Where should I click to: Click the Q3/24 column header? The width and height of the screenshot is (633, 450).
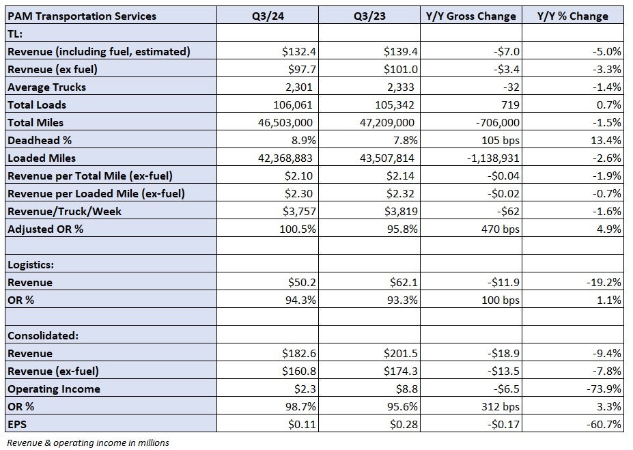tap(268, 16)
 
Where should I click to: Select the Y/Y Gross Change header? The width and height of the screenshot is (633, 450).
tap(470, 16)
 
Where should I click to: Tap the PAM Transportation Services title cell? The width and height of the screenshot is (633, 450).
tap(82, 16)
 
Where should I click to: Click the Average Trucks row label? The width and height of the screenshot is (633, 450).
tap(47, 87)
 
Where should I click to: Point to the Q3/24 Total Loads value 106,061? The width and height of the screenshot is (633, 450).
tap(293, 105)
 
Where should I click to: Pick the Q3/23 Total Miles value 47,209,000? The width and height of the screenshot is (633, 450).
tap(386, 123)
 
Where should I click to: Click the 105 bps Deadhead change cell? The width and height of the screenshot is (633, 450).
tap(500, 141)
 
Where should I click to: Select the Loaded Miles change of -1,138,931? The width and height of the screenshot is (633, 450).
tap(493, 158)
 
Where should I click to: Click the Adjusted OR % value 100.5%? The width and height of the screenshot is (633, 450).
tap(298, 229)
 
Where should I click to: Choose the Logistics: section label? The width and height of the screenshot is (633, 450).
tap(31, 265)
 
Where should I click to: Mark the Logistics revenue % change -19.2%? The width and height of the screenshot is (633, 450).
tap(604, 283)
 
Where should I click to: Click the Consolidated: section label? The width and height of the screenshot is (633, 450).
tap(43, 336)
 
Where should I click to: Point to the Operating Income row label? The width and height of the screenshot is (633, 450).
tap(54, 389)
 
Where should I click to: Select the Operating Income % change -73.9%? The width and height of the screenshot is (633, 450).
tap(604, 389)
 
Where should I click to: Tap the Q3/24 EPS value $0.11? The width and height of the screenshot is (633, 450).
tap(302, 425)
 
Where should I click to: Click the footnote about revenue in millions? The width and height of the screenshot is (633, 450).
tap(88, 442)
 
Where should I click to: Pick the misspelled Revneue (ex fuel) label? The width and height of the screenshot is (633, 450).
tap(53, 70)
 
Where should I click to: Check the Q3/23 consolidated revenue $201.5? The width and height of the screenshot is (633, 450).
tap(400, 354)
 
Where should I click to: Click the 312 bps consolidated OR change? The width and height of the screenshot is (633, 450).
tap(500, 407)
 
